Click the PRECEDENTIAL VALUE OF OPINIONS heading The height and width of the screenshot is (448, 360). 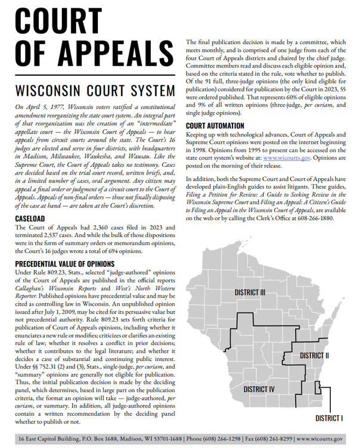coord(65,263)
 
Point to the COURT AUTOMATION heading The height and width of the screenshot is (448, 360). coord(215,126)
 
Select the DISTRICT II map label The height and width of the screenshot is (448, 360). coord(314,355)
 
